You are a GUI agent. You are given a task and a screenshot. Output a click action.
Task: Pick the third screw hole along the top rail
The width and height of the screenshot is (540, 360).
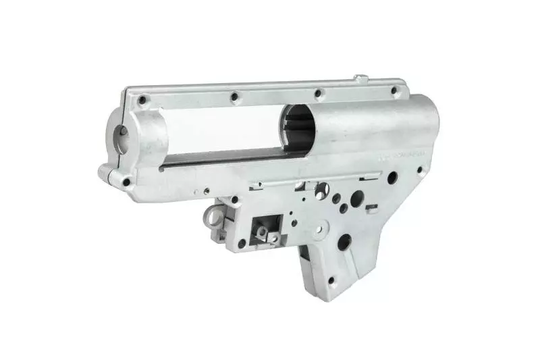click(319, 94)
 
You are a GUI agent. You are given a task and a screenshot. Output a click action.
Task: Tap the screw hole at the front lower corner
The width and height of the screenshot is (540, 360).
click(126, 181)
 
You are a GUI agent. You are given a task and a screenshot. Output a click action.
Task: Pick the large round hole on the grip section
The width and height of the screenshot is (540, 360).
click(344, 240)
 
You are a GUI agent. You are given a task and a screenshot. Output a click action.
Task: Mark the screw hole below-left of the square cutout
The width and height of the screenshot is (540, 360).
click(241, 242)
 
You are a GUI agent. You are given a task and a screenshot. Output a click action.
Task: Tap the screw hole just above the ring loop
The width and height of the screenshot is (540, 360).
click(234, 200)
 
